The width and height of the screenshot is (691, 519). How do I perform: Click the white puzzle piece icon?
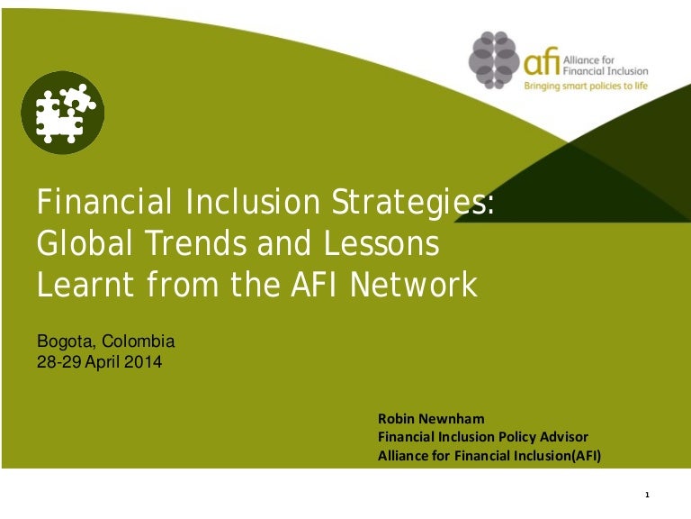[x=60, y=113]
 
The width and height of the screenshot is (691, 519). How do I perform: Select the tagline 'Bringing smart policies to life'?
[x=586, y=86]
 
